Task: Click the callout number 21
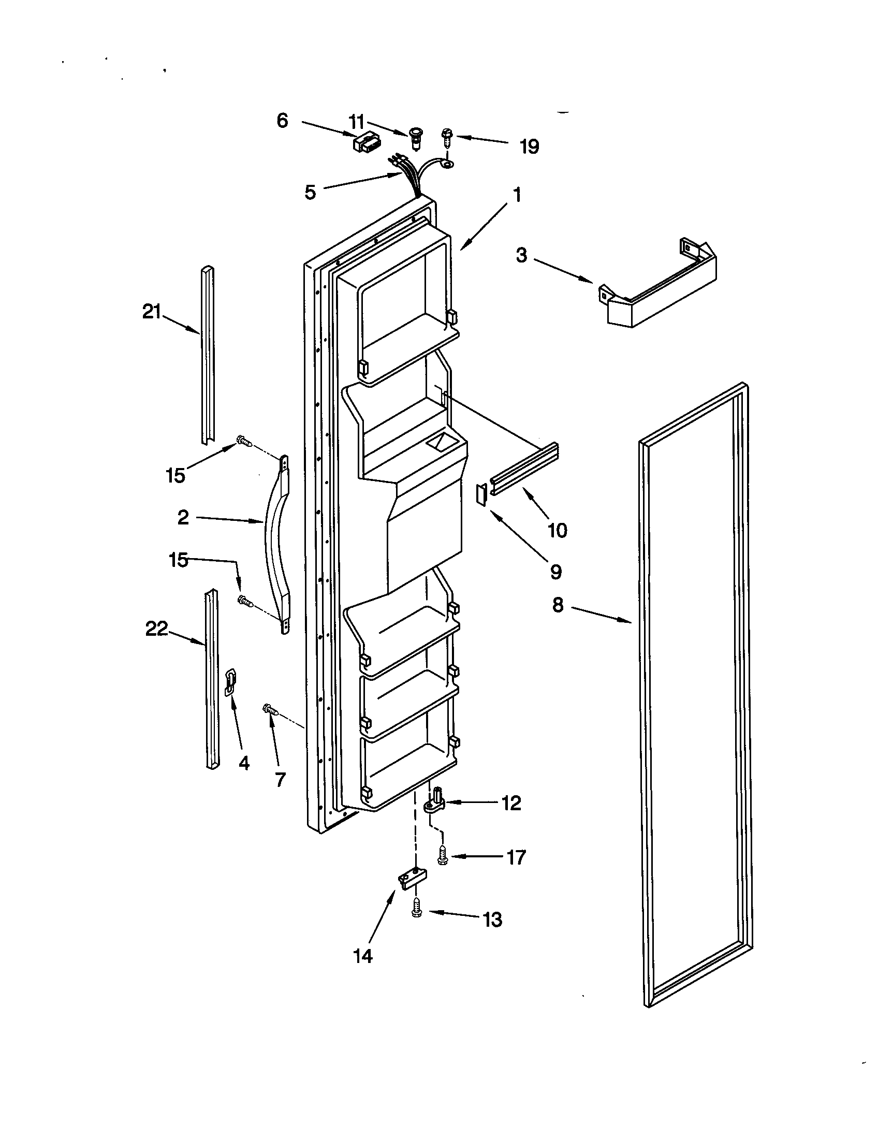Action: (151, 312)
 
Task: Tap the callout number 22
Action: (156, 630)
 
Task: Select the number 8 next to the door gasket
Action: (558, 605)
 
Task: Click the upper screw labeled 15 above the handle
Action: (244, 442)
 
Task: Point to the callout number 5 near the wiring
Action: (310, 193)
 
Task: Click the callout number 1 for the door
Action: (516, 196)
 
